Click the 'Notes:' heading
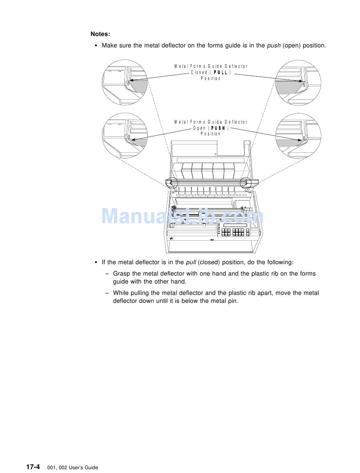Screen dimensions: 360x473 click(100, 34)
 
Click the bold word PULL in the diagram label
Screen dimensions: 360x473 click(220, 72)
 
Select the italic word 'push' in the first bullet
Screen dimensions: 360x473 click(274, 45)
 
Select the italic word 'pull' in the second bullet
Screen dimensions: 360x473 click(191, 262)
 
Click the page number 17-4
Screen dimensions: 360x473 click(33, 467)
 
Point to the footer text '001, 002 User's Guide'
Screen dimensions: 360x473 click(72, 468)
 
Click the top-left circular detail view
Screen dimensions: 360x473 click(125, 82)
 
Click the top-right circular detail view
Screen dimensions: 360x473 click(299, 82)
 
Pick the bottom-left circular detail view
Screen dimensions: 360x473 click(125, 136)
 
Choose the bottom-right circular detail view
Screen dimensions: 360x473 click(299, 136)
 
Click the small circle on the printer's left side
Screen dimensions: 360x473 click(172, 182)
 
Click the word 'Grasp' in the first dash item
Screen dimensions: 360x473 click(121, 274)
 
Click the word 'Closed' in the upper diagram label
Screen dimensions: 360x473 click(199, 72)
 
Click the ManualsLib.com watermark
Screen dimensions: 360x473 click(182, 216)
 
